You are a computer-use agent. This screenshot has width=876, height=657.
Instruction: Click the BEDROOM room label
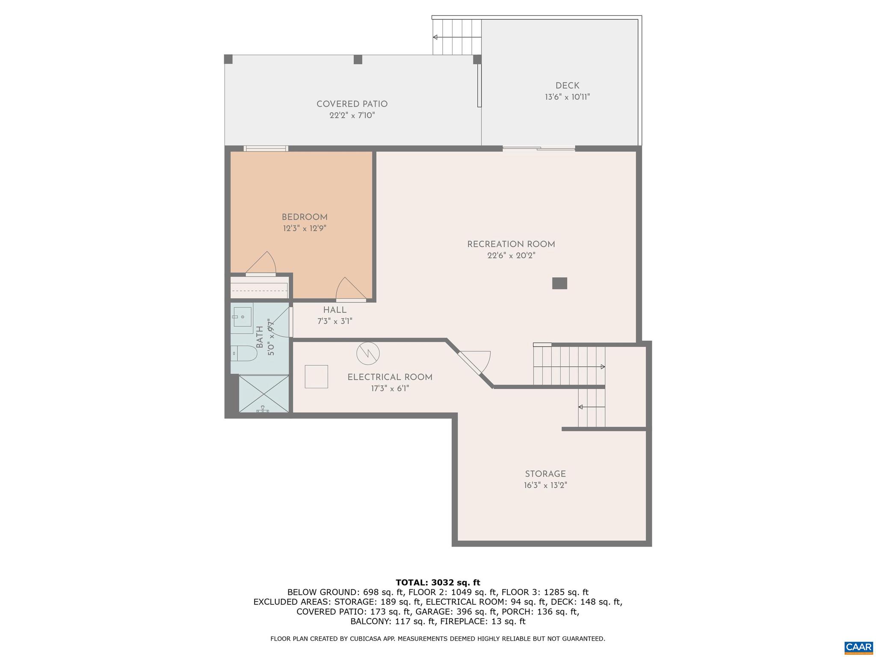pos(305,217)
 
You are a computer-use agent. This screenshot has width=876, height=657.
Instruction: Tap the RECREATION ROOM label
pos(511,245)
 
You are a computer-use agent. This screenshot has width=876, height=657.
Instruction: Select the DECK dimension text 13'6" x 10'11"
pos(567,97)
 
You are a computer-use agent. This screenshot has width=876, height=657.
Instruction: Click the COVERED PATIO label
pos(352,104)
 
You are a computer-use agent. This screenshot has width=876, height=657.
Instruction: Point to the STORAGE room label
pos(545,474)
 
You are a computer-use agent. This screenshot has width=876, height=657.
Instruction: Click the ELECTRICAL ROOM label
pos(390,377)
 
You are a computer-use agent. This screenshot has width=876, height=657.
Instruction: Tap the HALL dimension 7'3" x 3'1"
pos(334,321)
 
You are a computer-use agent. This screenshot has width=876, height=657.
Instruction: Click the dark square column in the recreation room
pos(559,283)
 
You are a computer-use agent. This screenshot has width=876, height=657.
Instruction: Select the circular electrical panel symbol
pos(368,353)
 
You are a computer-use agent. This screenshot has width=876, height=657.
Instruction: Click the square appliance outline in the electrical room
pos(316,377)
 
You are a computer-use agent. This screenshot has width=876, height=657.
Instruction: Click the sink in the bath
pos(242,317)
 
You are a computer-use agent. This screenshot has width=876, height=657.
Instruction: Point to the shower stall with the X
pos(263,394)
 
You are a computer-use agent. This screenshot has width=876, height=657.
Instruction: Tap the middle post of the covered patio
pos(358,59)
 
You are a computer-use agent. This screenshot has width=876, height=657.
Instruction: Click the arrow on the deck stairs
pos(435,37)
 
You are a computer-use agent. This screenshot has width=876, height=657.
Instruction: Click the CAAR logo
pos(858,646)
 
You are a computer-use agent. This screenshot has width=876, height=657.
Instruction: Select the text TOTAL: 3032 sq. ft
pos(438,583)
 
